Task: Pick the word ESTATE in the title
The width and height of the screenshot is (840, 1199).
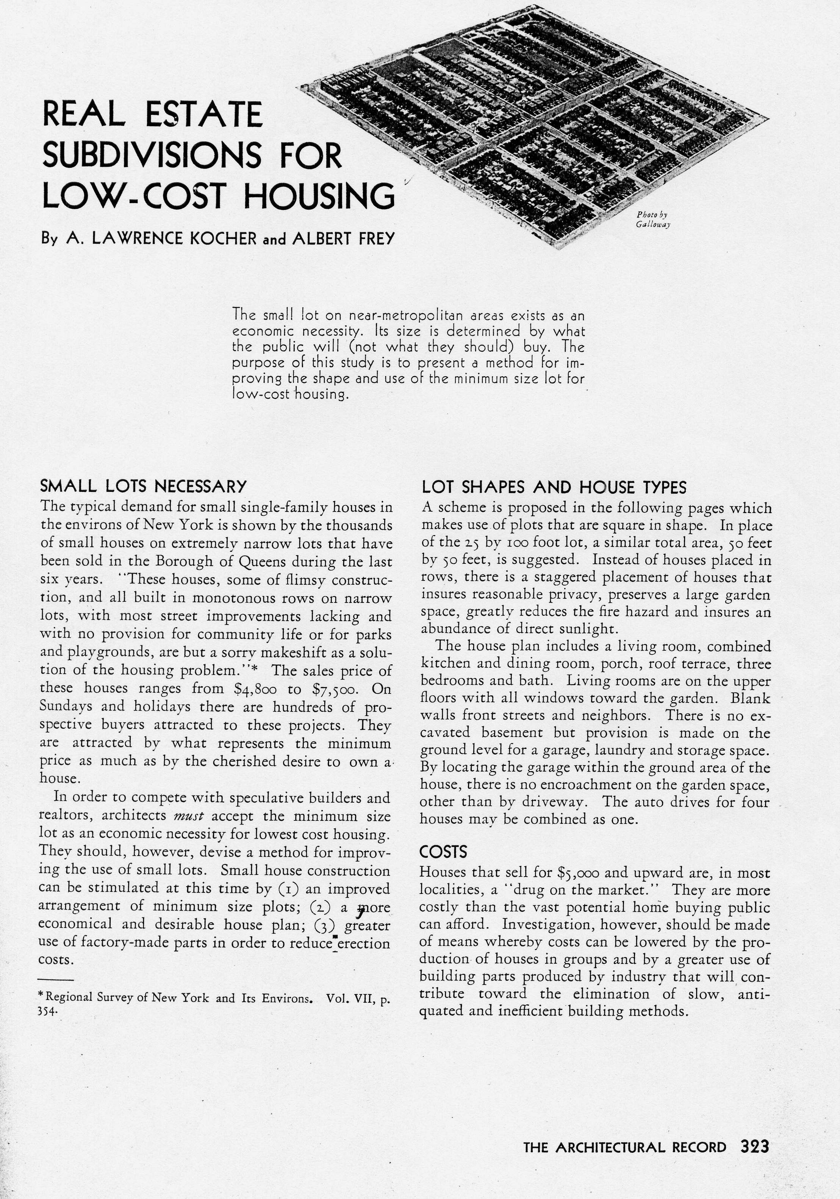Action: (203, 114)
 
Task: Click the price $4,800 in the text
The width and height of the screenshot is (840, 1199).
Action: (258, 689)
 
